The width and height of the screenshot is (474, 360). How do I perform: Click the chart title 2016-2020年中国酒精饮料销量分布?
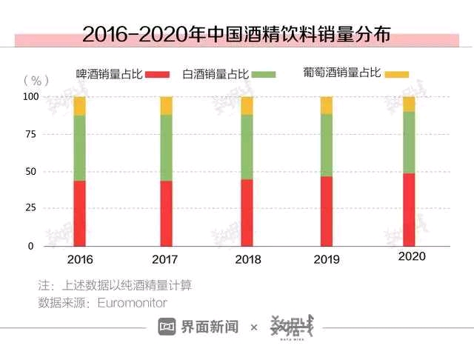[236, 34]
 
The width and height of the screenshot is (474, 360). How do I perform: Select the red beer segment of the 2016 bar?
[80, 213]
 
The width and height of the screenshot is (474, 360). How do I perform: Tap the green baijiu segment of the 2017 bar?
[166, 147]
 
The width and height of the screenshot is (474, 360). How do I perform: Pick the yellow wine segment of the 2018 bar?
[247, 105]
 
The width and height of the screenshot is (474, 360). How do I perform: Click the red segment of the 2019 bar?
[327, 211]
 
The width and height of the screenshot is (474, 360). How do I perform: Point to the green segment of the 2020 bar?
[409, 142]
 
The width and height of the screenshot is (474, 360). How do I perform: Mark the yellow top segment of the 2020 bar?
[409, 104]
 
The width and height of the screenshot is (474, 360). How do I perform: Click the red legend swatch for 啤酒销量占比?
[158, 75]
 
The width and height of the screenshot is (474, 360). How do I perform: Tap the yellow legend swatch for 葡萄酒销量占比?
[397, 74]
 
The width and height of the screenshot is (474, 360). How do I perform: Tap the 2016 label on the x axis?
[80, 260]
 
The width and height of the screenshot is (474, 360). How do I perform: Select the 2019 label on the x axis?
[327, 260]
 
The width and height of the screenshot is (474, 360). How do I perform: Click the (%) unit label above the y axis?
[36, 79]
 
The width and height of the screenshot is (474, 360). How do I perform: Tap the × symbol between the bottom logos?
[254, 327]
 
